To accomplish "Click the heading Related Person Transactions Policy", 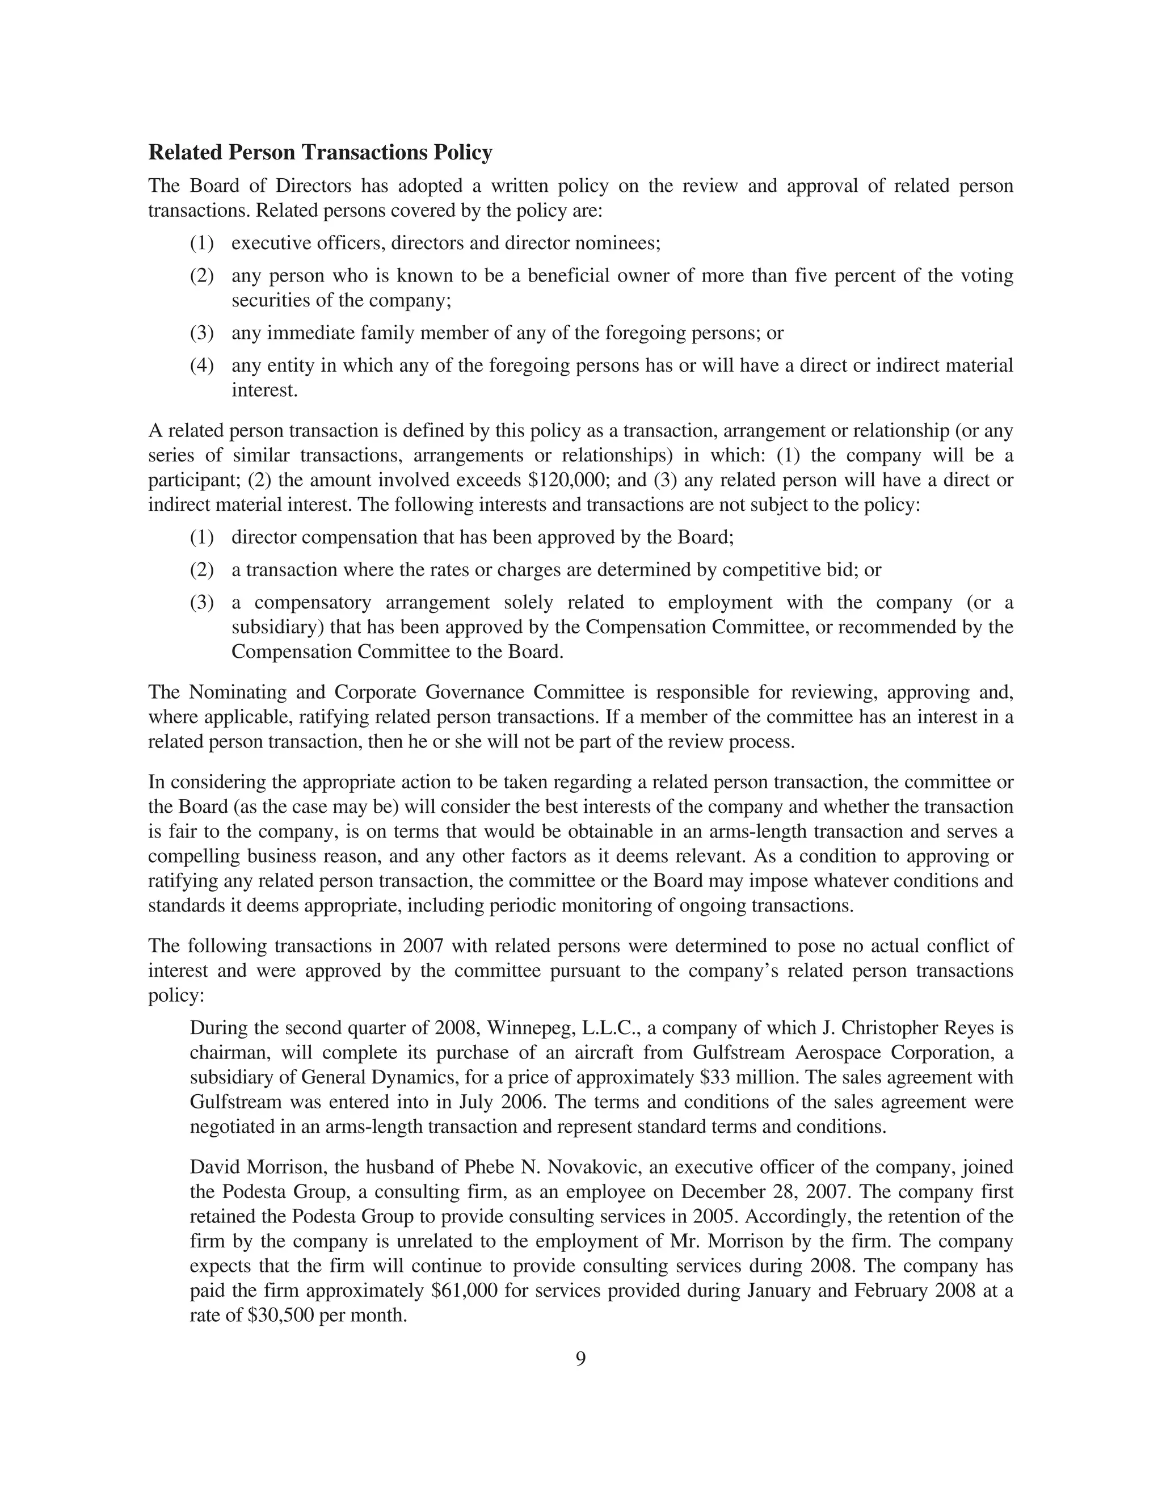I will point(320,152).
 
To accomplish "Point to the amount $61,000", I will point(464,1291).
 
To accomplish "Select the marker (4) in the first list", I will point(201,365).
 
